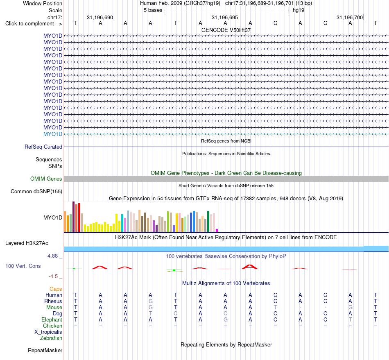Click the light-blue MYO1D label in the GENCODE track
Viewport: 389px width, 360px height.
click(x=52, y=134)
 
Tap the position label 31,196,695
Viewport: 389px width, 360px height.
click(x=225, y=17)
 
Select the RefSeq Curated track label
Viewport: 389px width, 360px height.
click(x=43, y=147)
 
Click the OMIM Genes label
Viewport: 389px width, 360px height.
click(x=46, y=179)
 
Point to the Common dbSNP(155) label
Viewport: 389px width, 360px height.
click(x=36, y=192)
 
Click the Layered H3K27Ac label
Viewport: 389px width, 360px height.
click(x=27, y=243)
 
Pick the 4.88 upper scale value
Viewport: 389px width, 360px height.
click(x=52, y=256)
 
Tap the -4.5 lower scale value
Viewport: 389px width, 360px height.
click(x=53, y=276)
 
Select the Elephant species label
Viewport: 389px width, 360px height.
click(x=52, y=319)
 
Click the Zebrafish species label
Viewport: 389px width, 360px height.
click(x=51, y=338)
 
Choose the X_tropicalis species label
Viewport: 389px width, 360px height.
click(x=48, y=332)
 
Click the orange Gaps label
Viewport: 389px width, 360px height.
click(x=56, y=289)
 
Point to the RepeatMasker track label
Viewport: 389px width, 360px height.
click(x=45, y=350)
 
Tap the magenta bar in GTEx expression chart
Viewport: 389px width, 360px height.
click(x=217, y=230)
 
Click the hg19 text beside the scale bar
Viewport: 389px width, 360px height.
click(x=299, y=10)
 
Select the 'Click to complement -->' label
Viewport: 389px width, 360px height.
click(x=34, y=24)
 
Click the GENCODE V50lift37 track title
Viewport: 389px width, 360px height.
click(x=226, y=30)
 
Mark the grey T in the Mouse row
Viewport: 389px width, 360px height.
click(x=276, y=308)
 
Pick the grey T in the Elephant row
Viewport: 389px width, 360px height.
click(x=350, y=319)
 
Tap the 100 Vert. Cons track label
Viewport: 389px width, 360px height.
click(x=23, y=266)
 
